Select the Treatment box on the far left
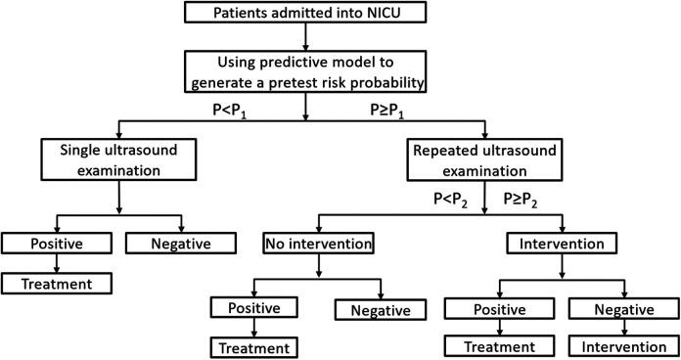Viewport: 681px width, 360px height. click(55, 283)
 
